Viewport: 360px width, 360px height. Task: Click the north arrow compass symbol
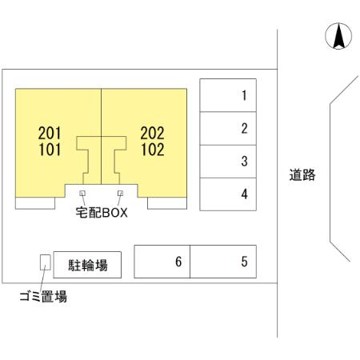coord(338,36)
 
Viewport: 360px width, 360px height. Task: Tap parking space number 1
coord(228,95)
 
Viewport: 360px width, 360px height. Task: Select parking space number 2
coord(228,128)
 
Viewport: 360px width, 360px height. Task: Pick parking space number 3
coord(228,162)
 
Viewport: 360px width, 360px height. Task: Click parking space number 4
coord(228,194)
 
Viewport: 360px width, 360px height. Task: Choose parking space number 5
coord(223,262)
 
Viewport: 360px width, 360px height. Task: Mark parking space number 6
coord(162,262)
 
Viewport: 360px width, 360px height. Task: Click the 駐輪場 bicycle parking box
coord(87,265)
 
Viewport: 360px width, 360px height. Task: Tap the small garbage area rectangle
coord(46,262)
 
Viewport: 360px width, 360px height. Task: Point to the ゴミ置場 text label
coord(43,296)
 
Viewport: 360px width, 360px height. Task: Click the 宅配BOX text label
coord(102,213)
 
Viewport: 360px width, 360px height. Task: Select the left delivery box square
coord(82,193)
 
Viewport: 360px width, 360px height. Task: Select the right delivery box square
coord(120,193)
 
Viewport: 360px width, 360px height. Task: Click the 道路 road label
coord(302,175)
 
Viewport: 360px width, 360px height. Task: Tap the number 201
coord(50,133)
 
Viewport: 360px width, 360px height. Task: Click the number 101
coord(50,150)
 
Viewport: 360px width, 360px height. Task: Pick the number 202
coord(152,133)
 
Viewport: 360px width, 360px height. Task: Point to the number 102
coord(153,150)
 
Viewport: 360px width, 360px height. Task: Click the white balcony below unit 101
coord(35,203)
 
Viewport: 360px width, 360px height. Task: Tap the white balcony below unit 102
coord(167,203)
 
